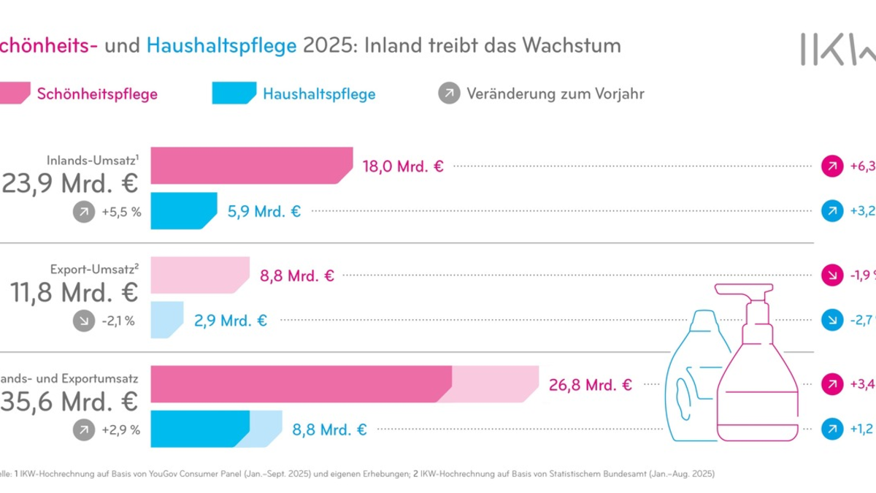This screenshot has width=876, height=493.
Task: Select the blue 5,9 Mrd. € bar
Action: click(x=183, y=211)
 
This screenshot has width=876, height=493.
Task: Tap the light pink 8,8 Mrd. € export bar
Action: click(x=199, y=275)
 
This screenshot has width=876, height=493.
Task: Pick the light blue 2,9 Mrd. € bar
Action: click(x=166, y=319)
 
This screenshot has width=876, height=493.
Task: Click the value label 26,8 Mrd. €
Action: click(x=591, y=384)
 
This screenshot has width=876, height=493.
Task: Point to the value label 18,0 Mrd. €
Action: click(x=403, y=166)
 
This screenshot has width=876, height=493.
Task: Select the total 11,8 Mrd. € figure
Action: click(x=74, y=292)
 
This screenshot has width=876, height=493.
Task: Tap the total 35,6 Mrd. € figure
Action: click(x=69, y=401)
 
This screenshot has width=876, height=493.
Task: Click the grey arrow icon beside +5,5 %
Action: click(x=84, y=213)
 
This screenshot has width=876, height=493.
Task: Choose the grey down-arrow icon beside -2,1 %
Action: click(x=84, y=320)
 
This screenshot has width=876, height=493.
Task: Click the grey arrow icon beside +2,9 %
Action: click(x=84, y=430)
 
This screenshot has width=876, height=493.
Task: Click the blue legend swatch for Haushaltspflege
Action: click(x=233, y=93)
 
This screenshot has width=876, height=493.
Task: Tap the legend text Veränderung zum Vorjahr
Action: click(x=555, y=93)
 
